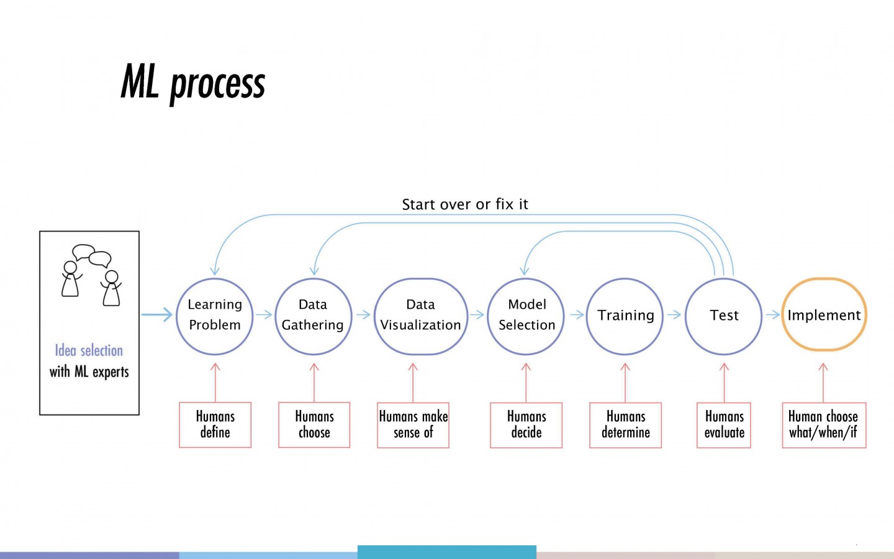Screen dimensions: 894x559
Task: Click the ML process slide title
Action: pyautogui.click(x=192, y=84)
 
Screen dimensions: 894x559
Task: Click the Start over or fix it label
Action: pyautogui.click(x=465, y=204)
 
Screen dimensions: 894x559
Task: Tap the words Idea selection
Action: pyautogui.click(x=89, y=350)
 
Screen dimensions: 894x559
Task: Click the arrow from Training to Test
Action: pyautogui.click(x=674, y=315)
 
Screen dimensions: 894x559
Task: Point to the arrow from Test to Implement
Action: pyautogui.click(x=773, y=315)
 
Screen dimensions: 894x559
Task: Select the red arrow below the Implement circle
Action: pyautogui.click(x=823, y=383)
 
